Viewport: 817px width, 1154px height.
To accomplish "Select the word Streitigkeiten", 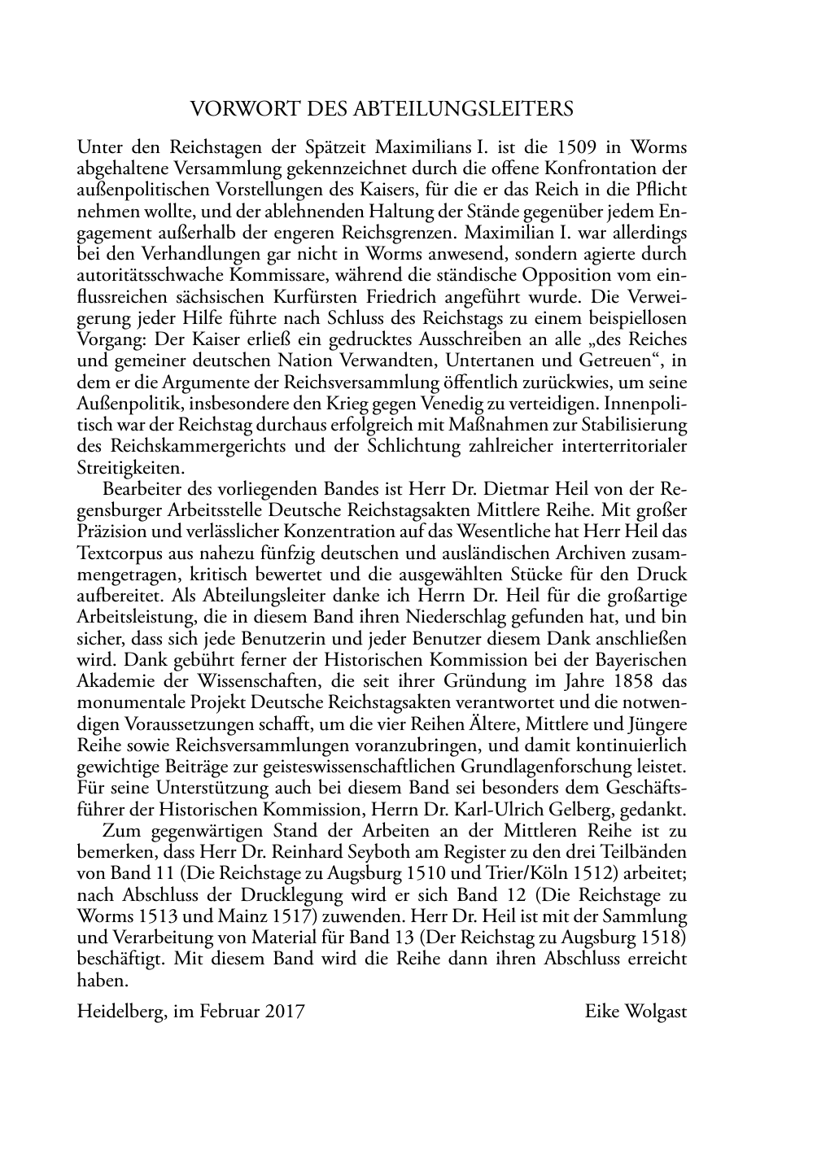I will tap(131, 467).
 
